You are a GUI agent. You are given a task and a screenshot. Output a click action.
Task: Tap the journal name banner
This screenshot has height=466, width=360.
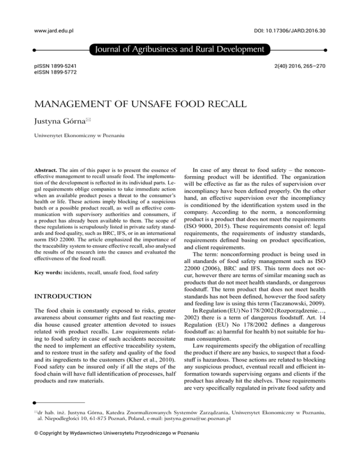180,49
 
